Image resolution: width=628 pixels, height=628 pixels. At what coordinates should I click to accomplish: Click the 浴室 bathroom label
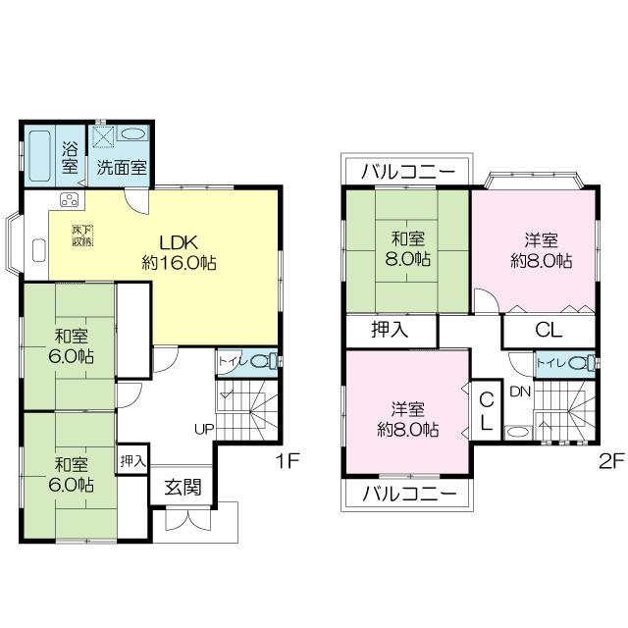coord(71,158)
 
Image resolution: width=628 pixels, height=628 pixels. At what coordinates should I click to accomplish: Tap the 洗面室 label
coord(122,167)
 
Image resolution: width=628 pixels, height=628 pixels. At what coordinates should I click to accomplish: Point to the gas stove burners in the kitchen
coord(70,201)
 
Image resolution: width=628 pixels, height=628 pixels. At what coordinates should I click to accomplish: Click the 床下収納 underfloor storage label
coord(81,235)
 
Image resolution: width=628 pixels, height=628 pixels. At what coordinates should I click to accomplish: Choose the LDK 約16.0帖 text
coord(179,252)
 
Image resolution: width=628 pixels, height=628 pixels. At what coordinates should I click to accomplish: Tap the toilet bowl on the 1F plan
coord(260,361)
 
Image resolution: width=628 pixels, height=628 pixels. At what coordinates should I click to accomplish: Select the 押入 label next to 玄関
coord(132,460)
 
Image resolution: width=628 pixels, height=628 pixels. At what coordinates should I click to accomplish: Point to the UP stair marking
coord(204,429)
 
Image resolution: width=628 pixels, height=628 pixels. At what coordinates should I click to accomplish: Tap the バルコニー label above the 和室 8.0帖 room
coord(406,171)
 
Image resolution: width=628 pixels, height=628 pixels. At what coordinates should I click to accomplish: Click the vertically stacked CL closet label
coord(486,411)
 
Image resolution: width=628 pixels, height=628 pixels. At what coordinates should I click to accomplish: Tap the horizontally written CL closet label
coord(548,331)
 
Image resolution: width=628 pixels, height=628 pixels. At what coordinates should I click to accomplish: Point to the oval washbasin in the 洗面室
coord(134,135)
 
